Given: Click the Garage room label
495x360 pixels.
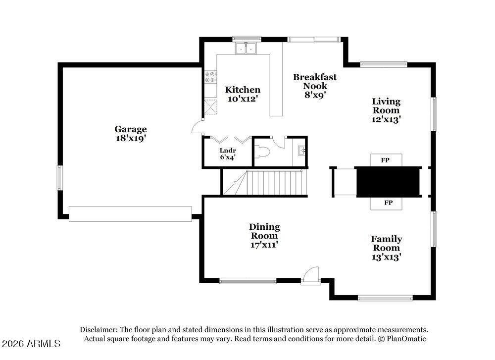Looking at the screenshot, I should (131, 130).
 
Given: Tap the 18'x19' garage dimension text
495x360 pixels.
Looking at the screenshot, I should (131, 139).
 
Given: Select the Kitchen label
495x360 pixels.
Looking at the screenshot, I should (243, 90).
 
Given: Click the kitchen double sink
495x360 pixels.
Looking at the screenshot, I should (246, 48).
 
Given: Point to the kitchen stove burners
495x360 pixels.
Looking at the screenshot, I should (210, 77).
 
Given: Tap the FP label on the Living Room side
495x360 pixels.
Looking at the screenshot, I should (385, 160).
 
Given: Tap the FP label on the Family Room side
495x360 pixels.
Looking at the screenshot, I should (389, 203).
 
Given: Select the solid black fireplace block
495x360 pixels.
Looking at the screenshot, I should (388, 182).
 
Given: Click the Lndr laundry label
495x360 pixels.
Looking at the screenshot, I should (228, 151).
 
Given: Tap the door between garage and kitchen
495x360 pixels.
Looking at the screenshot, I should (198, 126).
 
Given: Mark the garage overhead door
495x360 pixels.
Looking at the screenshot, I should (130, 214).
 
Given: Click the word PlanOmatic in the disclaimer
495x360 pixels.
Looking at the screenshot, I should (407, 339).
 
